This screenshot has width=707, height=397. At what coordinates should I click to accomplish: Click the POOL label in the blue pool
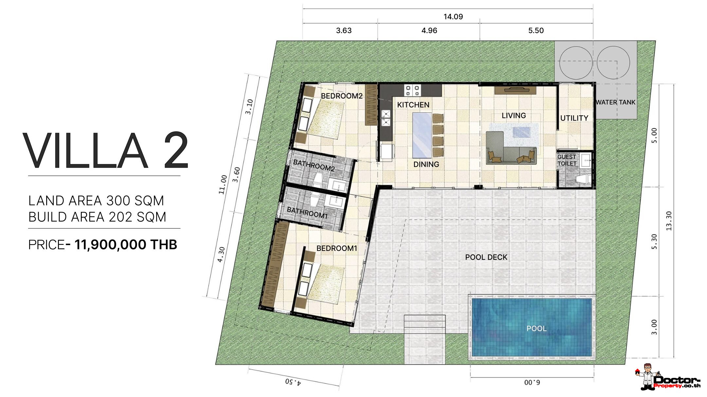pyautogui.click(x=536, y=328)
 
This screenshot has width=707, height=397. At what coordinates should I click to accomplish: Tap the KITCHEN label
pyautogui.click(x=413, y=105)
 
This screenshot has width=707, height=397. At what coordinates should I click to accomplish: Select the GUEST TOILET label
pyautogui.click(x=567, y=160)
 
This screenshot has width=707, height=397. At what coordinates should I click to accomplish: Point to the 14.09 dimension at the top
pyautogui.click(x=453, y=16)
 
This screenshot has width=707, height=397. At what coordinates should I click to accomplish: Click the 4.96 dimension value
pyautogui.click(x=429, y=30)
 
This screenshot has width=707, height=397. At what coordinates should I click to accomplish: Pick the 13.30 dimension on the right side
pyautogui.click(x=669, y=221)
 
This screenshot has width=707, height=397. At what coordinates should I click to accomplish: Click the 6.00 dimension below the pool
pyautogui.click(x=532, y=382)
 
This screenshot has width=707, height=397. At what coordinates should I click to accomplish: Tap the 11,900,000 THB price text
pyautogui.click(x=126, y=245)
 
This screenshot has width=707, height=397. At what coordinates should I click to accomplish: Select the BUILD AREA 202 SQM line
pyautogui.click(x=97, y=217)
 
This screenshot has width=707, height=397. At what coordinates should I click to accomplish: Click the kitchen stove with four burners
pyautogui.click(x=412, y=90)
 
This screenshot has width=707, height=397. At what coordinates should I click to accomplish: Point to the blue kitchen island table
pyautogui.click(x=422, y=135)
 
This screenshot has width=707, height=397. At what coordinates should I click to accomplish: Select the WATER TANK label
pyautogui.click(x=615, y=102)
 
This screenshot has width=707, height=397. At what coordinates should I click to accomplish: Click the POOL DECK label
pyautogui.click(x=486, y=257)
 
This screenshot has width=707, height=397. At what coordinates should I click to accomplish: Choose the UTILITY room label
pyautogui.click(x=574, y=118)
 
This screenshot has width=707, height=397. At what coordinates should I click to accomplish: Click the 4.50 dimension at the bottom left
pyautogui.click(x=293, y=382)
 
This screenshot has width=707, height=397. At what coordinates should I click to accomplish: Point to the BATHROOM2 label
pyautogui.click(x=314, y=165)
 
